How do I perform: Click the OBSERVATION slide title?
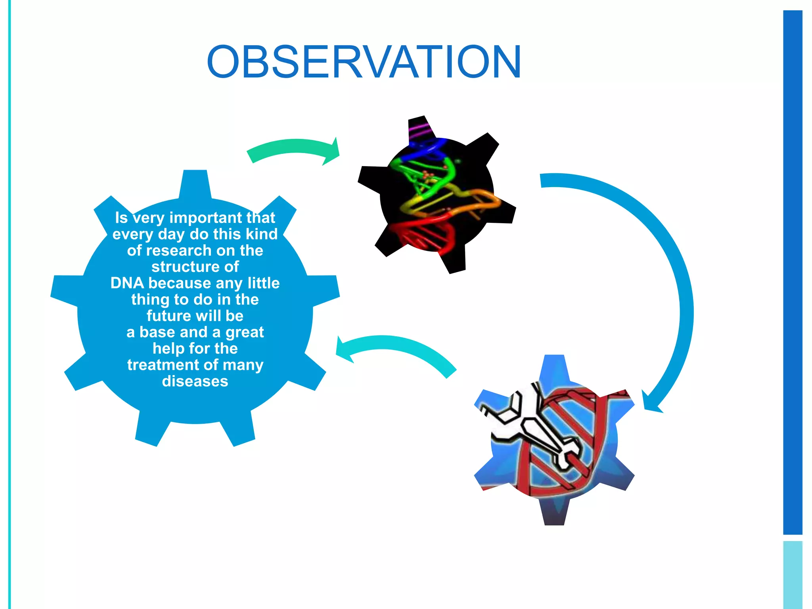point(364,62)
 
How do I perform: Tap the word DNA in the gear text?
point(127,283)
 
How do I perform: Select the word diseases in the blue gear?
point(195,381)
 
